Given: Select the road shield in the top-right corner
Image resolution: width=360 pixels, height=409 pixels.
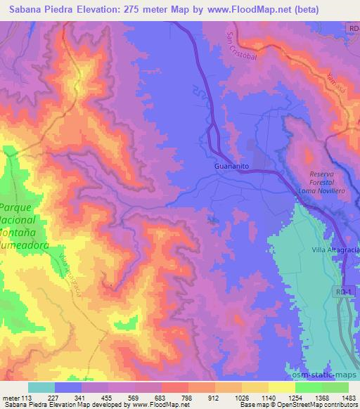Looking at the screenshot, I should pyautogui.click(x=352, y=27).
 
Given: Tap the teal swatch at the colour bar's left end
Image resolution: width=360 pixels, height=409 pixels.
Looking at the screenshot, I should pyautogui.click(x=41, y=388).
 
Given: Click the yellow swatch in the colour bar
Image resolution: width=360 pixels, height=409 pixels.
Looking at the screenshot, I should pyautogui.click(x=281, y=388).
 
